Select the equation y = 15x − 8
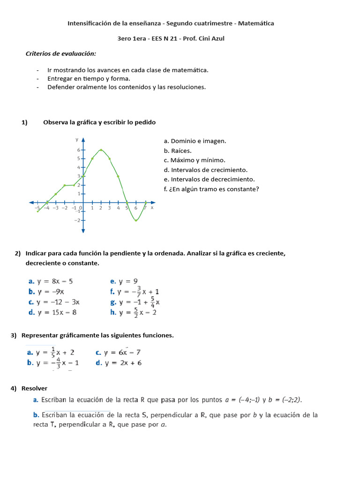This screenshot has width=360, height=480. tap(57, 312)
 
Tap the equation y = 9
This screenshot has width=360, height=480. tap(127, 281)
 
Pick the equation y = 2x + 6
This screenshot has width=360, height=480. tap(123, 362)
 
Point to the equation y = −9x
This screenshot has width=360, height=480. tap(50, 292)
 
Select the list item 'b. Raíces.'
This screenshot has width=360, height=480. tap(178, 150)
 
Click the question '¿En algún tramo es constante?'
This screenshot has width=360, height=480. tap(215, 189)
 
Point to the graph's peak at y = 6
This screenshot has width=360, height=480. tap(101, 150)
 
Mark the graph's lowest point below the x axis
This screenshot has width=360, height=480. tap(136, 220)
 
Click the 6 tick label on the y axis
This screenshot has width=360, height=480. tap(79, 150)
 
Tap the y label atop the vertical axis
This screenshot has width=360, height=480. tap(77, 140)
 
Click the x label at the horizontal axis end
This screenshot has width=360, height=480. tap(152, 207)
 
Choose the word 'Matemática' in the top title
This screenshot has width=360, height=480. tap(257, 23)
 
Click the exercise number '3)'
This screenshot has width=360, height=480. tap(14, 335)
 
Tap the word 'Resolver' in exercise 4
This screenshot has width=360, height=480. tap(34, 388)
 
